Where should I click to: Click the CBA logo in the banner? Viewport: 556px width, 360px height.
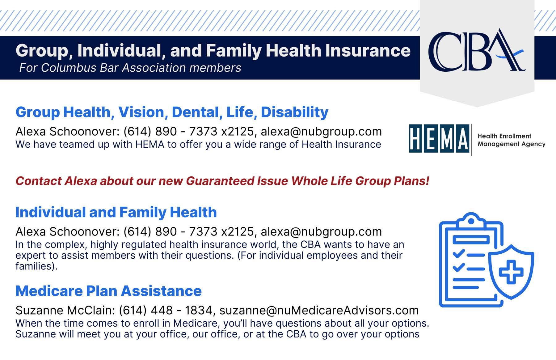coord(477,51)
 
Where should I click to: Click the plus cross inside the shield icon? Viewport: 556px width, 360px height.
coord(511,272)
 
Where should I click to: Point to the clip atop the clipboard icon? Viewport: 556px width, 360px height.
coord(471,220)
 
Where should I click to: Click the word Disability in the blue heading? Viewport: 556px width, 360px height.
coord(295,112)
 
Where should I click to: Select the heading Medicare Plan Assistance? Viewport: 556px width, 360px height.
coord(108,291)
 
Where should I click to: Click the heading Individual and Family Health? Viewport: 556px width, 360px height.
coord(116,212)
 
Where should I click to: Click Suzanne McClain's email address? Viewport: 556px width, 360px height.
coord(319,310)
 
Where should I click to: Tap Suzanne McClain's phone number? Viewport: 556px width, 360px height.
coord(166,310)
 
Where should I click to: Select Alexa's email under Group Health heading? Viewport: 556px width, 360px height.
coord(321,132)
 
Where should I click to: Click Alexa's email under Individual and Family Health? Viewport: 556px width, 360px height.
coord(321,232)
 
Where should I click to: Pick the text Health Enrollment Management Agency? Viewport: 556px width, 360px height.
coord(512,140)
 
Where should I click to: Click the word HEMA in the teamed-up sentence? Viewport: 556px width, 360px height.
coord(150,145)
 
